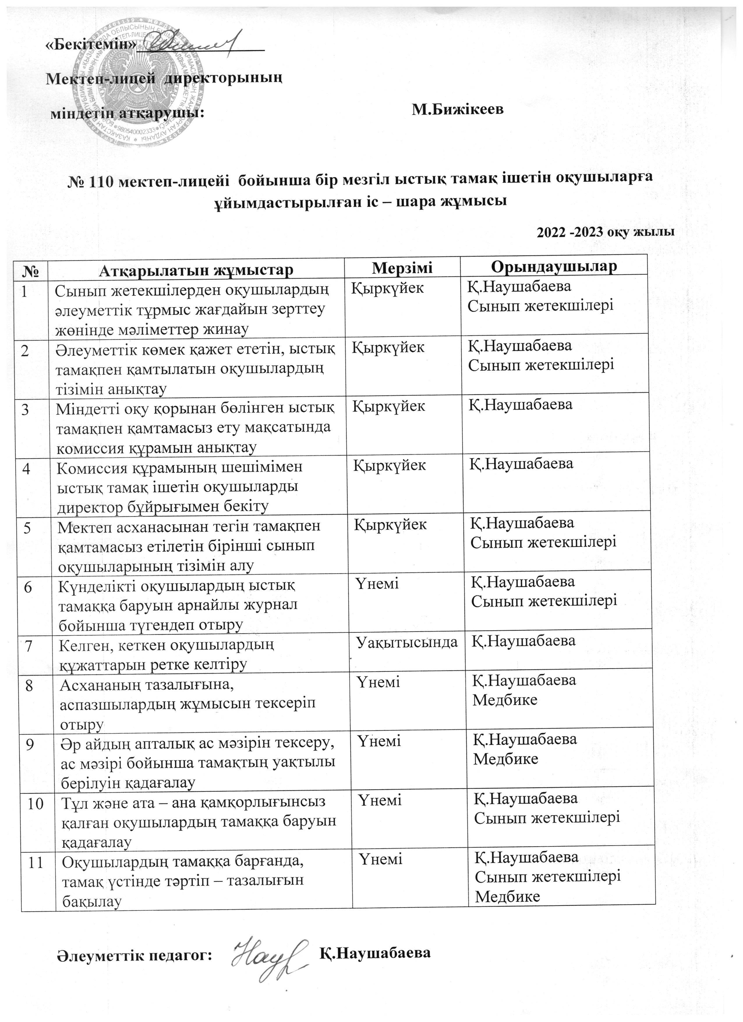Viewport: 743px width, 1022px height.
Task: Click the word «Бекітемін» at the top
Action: click(x=91, y=45)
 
